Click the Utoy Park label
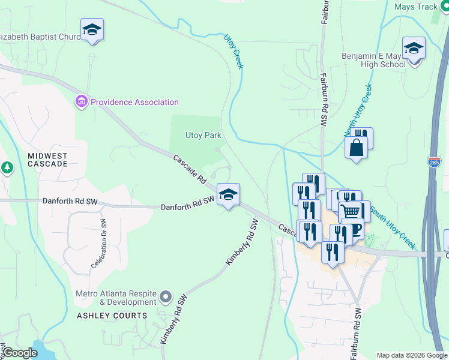point(203,136)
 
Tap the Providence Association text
point(135,102)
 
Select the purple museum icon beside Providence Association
point(82,101)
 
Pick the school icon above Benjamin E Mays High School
point(414,48)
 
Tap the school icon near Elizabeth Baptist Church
point(92,29)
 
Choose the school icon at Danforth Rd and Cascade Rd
point(228,194)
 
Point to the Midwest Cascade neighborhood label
point(47,160)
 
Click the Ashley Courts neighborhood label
point(103,315)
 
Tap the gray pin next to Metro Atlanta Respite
point(166,296)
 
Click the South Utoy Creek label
point(393,228)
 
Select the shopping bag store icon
point(356,148)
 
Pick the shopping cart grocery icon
point(352,211)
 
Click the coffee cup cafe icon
point(354,230)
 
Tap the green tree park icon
point(7,167)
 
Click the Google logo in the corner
point(20,353)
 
